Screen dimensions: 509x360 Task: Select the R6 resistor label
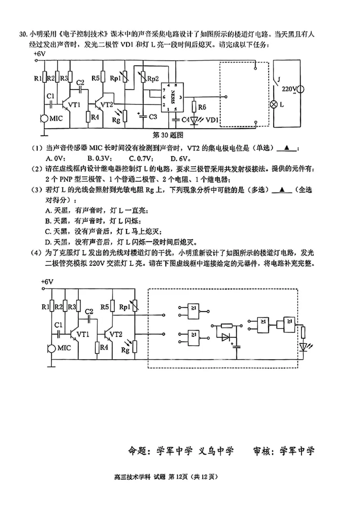[202, 107]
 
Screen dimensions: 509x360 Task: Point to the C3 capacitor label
[153, 117]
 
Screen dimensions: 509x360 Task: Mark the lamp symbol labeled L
[273, 104]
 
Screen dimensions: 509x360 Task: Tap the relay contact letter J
[280, 80]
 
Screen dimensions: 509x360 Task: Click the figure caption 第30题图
[170, 134]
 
